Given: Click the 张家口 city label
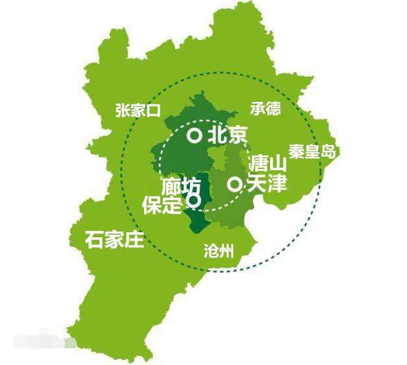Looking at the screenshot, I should coord(138,110).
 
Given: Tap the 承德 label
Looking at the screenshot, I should coord(266,108).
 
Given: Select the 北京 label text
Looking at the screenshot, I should coord(227,135).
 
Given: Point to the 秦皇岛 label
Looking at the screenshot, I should coord(313,152).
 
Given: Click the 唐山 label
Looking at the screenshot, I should coord(267,164).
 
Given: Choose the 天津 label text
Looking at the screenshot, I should coord(266,184).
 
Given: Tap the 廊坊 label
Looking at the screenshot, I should coord(182,186).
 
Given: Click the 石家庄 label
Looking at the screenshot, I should coord(114,240).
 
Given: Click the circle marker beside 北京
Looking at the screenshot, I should coord(194,135).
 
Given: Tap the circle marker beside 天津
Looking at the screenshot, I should coord(235,184).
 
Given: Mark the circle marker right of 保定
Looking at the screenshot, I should coord(192,201).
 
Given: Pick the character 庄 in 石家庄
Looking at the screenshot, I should coord(134,240).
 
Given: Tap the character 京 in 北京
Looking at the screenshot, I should coord(236,135).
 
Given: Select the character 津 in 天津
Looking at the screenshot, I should coord(277,184).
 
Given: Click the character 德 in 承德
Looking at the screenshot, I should coord(273,108).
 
